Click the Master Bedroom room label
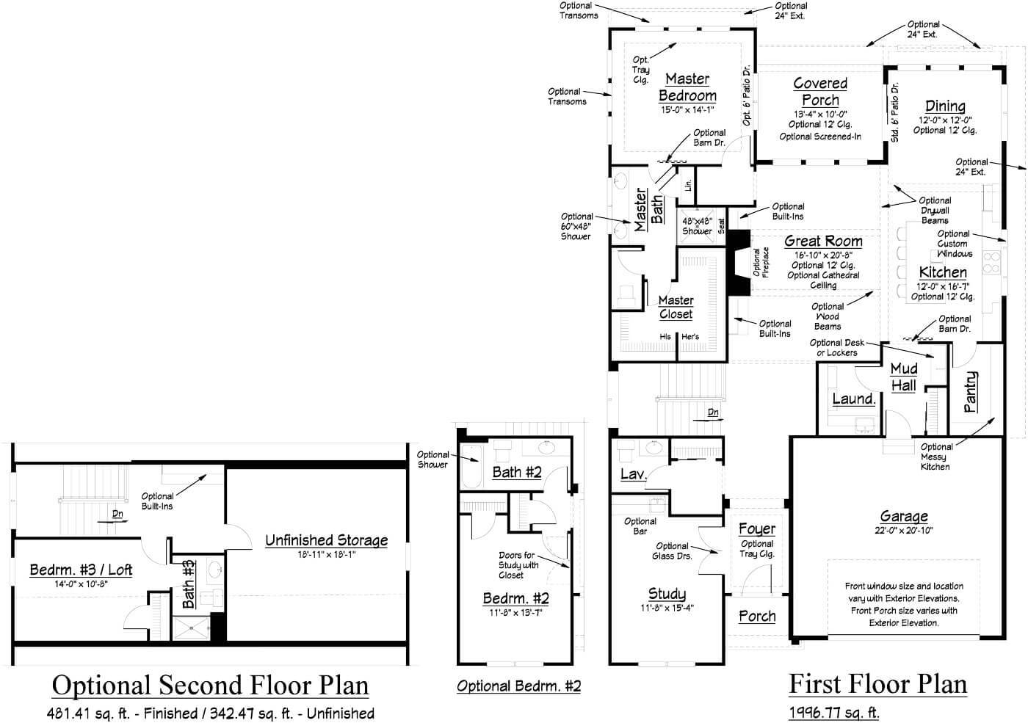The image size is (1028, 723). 687,87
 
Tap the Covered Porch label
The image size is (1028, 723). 820,92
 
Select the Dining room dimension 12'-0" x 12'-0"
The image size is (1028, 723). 945,120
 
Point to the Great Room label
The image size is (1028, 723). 823,241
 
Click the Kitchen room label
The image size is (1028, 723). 943,272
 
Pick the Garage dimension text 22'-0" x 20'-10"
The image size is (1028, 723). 903,531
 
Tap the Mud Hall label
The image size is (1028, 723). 903,377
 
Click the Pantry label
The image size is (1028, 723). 970,391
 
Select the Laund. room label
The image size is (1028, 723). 853,399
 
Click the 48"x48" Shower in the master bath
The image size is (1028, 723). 697,226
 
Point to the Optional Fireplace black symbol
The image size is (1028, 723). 737,263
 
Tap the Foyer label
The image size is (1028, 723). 757,529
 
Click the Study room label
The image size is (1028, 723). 667,594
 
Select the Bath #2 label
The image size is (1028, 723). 516,472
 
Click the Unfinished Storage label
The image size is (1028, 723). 326,540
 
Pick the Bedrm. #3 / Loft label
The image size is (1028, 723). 81,570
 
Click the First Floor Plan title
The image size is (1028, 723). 877,684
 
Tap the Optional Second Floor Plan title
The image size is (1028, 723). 210,685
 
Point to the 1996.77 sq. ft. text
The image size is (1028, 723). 833,712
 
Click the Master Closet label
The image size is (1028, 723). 676,307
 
